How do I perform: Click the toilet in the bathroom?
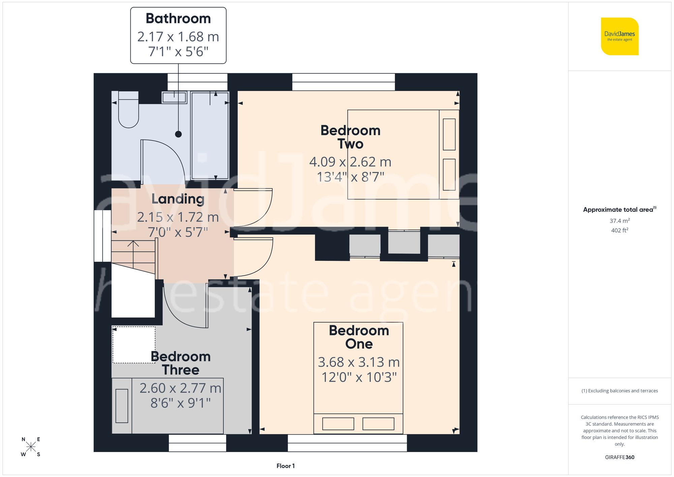[x=128, y=111]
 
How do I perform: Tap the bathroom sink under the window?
[x=174, y=97]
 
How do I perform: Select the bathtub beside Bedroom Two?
[x=210, y=135]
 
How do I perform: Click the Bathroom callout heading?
[x=178, y=19]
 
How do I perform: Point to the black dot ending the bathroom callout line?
[x=178, y=134]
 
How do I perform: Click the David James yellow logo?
[x=619, y=36]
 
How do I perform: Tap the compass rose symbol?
[x=31, y=447]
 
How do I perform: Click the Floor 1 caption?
[x=285, y=466]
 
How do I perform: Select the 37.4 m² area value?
[x=619, y=221]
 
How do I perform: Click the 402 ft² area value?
[x=619, y=230]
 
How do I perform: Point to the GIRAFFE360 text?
[x=619, y=457]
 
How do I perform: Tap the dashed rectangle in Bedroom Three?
[x=134, y=345]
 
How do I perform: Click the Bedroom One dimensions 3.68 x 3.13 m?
[x=359, y=362]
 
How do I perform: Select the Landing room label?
[x=178, y=199]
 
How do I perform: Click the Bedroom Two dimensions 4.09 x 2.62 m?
[x=350, y=162]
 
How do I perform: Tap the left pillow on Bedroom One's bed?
[x=338, y=424]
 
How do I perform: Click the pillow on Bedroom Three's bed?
[x=122, y=406]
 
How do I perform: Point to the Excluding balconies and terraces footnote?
[x=619, y=391]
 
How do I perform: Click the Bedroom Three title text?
[x=181, y=363]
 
